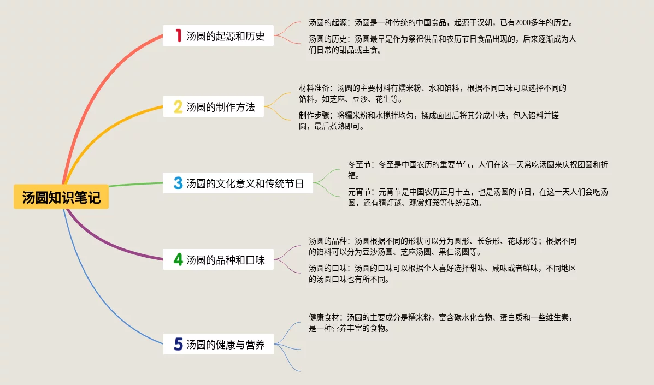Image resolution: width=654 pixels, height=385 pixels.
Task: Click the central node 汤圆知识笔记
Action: [61, 197]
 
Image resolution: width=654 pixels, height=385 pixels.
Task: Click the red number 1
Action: [178, 36]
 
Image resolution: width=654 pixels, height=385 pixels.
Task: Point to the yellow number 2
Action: [178, 107]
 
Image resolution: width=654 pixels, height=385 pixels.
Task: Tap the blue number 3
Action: [178, 183]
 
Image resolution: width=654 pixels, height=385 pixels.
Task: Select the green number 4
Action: [178, 260]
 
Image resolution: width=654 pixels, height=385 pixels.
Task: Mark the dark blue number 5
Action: [178, 345]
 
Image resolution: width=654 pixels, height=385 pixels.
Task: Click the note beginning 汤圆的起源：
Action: [440, 23]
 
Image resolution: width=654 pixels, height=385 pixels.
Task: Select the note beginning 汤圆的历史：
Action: [442, 44]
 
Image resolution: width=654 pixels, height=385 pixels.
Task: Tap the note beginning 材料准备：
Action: [432, 93]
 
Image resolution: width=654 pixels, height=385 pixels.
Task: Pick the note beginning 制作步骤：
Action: [428, 121]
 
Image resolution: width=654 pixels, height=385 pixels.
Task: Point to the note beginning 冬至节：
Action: [478, 170]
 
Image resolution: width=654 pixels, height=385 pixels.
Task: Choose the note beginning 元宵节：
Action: [478, 197]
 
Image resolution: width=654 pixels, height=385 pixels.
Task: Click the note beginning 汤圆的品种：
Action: [442, 246]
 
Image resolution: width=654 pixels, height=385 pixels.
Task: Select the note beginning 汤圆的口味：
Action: [442, 274]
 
